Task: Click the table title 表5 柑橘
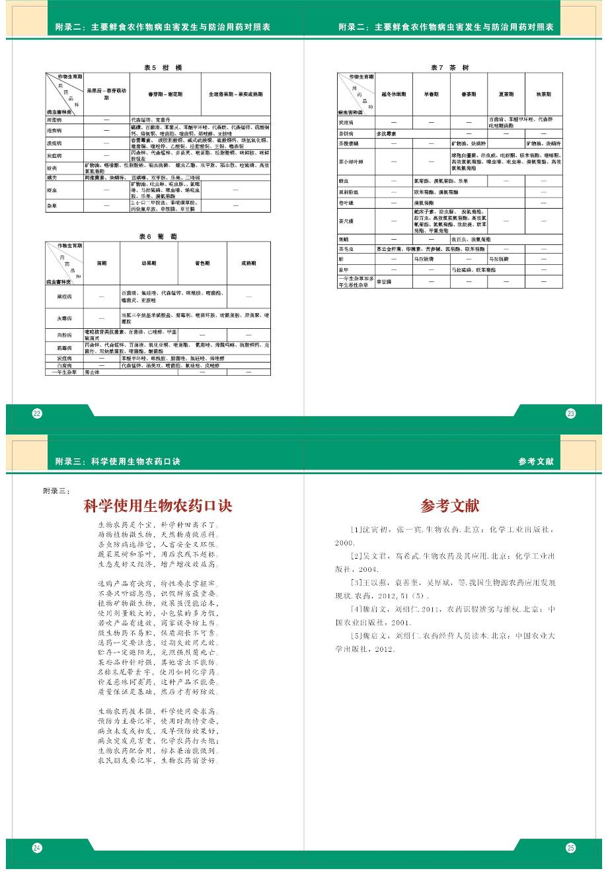(x=163, y=68)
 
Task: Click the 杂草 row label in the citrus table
(x=53, y=206)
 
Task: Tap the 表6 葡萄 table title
(x=158, y=236)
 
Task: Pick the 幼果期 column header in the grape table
(x=149, y=263)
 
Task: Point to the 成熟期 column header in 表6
(x=248, y=263)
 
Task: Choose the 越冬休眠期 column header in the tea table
(x=393, y=94)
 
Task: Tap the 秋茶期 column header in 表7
(x=543, y=94)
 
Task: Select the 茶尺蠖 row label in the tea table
(x=346, y=221)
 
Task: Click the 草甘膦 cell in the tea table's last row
(x=385, y=281)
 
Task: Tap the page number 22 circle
(x=37, y=413)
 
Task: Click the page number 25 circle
(x=570, y=848)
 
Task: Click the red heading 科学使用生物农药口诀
(x=158, y=507)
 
